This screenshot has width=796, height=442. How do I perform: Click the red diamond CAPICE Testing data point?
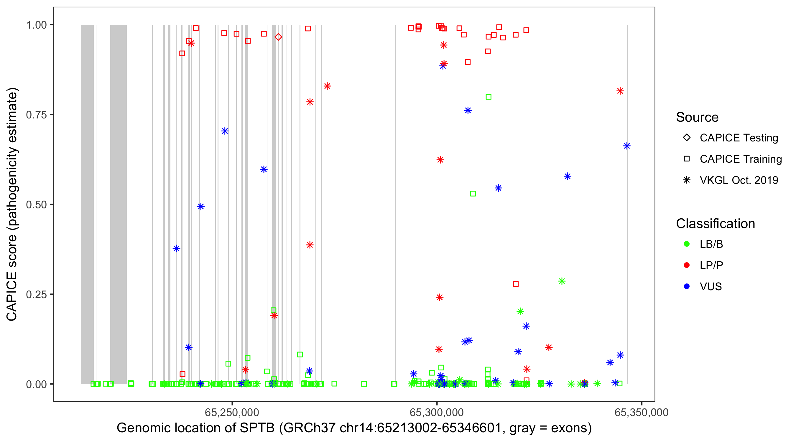tap(278, 37)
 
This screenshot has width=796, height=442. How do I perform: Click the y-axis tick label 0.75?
tap(36, 115)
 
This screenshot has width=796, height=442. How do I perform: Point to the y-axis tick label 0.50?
tap(36, 204)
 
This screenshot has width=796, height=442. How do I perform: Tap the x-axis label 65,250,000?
tap(232, 412)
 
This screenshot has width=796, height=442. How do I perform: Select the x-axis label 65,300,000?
tap(437, 412)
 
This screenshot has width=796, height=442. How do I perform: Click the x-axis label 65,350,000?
tap(642, 412)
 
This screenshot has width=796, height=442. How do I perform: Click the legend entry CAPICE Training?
tap(741, 159)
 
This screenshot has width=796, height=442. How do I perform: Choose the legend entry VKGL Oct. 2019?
tap(739, 180)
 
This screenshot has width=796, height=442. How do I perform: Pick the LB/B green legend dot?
tap(687, 244)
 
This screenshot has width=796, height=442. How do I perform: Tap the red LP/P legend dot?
tap(687, 265)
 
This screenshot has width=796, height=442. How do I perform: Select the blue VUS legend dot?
tap(687, 286)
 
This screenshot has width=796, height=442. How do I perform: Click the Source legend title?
tap(697, 117)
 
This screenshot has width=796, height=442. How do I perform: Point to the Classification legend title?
tap(715, 224)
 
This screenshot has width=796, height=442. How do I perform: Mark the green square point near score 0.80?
tap(489, 97)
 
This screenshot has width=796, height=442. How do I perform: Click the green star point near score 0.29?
tap(562, 281)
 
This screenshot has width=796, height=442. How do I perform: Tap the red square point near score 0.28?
tap(516, 284)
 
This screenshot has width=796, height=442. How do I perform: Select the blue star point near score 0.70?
tap(225, 131)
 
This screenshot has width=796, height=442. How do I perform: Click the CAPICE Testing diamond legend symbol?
tap(687, 138)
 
